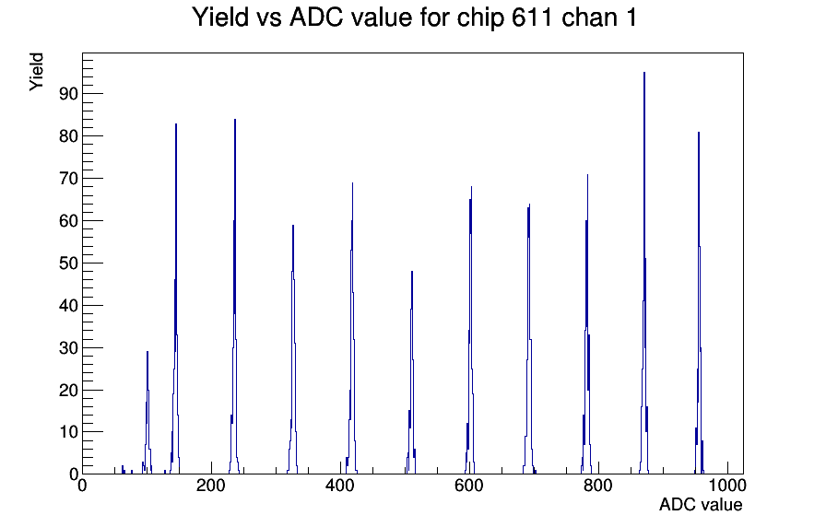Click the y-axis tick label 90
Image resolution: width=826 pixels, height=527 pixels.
(68, 94)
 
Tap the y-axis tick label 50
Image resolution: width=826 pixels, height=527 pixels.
(68, 263)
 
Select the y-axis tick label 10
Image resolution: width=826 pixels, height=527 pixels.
(68, 432)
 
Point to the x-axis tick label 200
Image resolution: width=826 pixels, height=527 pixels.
(211, 486)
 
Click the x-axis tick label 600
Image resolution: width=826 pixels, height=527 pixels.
(469, 486)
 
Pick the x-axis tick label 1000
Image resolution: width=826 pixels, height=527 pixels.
(726, 486)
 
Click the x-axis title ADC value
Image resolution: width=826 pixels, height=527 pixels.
(701, 504)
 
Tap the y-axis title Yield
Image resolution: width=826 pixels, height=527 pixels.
(36, 72)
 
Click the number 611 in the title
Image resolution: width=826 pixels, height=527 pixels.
(532, 18)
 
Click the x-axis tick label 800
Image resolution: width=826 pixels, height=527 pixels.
(598, 486)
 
